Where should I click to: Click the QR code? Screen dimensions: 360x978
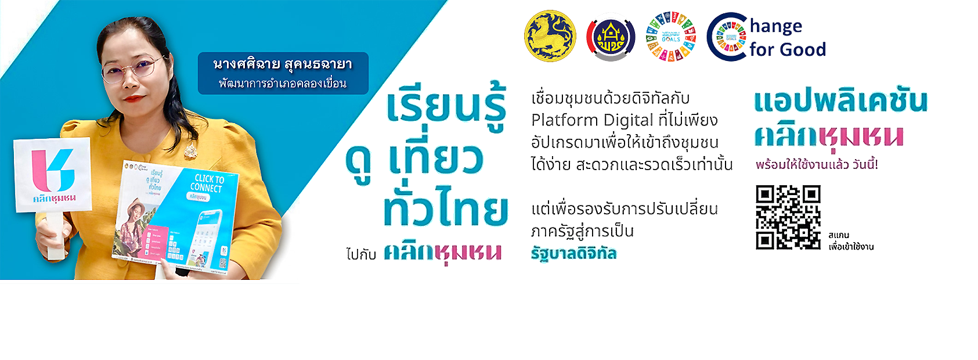788,217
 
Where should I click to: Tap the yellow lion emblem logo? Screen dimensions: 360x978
550,36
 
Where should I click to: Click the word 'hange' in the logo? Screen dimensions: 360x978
776,26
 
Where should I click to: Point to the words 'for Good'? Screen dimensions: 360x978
787,50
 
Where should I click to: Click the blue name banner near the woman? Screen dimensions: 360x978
283,73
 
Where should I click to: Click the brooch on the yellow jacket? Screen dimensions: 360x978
190,152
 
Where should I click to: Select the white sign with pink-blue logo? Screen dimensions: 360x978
52,174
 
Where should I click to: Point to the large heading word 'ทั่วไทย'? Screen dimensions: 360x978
445,206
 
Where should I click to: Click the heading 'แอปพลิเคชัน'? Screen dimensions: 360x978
840,102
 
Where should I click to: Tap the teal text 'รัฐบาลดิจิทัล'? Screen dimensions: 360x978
573,253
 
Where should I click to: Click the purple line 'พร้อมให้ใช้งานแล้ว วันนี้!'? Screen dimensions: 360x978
817,165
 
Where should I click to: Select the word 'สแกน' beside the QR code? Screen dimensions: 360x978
839,235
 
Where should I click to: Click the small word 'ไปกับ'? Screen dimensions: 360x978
361,254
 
